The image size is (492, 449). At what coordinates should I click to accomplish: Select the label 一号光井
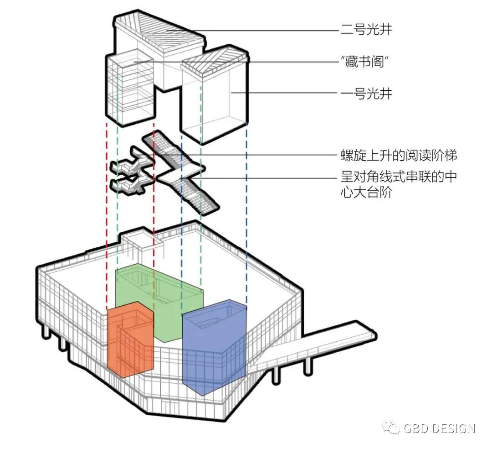(366, 94)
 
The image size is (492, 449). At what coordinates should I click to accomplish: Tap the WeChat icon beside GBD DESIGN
(391, 428)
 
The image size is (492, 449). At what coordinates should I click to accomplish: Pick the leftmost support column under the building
(46, 332)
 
